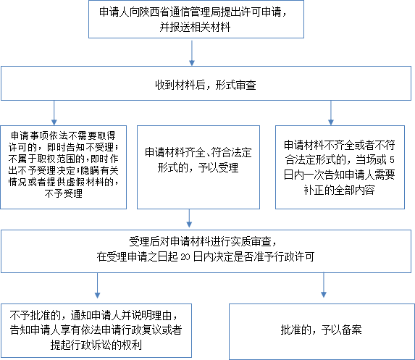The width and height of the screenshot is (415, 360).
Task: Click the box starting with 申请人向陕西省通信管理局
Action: [196, 19]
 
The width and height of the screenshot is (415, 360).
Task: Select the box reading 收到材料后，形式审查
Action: [206, 83]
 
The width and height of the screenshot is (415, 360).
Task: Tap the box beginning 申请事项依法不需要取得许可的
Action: [63, 167]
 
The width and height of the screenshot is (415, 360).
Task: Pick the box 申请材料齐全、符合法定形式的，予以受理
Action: [198, 167]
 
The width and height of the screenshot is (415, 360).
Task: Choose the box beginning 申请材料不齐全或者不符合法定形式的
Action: [340, 167]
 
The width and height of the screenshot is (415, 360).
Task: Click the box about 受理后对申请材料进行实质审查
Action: [206, 251]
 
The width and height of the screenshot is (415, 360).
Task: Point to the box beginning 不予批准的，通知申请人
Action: [96, 330]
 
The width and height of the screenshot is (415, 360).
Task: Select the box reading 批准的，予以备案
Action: [322, 332]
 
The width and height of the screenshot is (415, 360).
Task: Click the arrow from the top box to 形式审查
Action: [192, 53]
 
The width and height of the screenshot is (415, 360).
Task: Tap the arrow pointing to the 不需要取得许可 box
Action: [54, 113]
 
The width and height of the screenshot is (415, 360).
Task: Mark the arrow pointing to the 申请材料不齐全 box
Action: [331, 113]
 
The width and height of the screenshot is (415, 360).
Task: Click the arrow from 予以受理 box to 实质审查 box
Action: [189, 218]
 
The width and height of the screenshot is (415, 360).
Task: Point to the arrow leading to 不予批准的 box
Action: [97, 285]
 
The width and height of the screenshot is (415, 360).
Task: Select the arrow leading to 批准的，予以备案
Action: [324, 285]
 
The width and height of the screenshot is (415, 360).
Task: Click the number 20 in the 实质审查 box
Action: [185, 257]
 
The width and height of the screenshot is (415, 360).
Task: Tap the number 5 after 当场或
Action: [392, 159]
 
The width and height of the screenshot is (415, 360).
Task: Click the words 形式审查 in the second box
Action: [236, 85]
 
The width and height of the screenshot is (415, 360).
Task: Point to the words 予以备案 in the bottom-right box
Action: [342, 330]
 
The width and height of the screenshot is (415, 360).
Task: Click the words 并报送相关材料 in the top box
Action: [195, 28]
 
